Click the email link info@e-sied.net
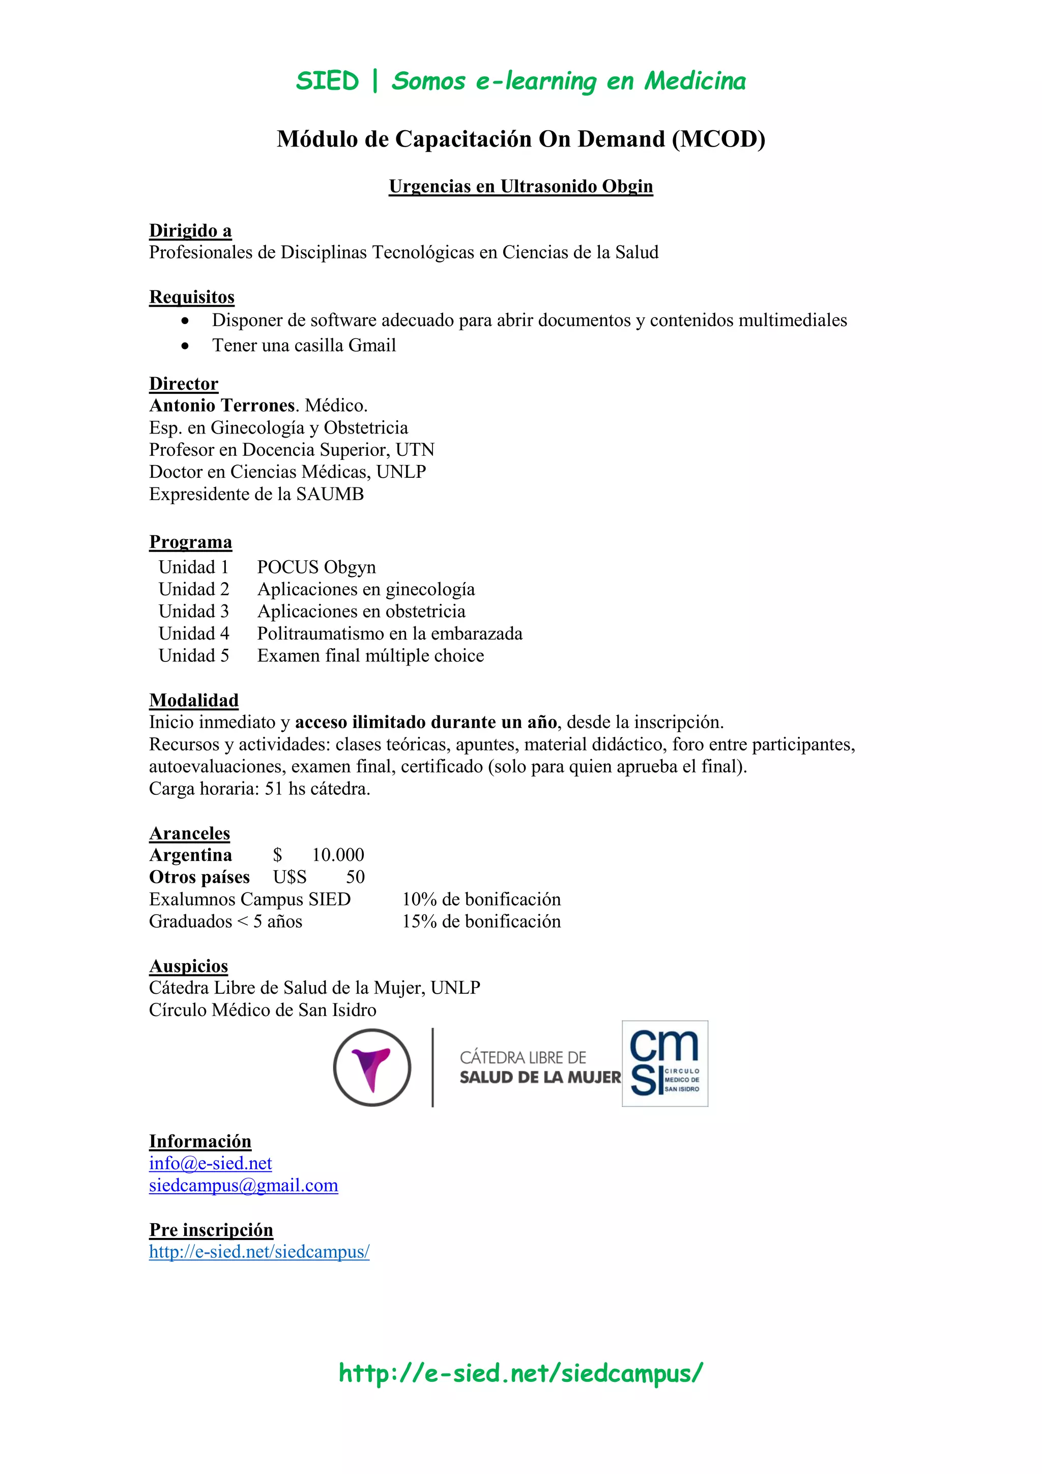[210, 1163]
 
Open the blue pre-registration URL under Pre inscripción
[259, 1251]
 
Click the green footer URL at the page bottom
[520, 1373]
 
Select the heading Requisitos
[191, 297]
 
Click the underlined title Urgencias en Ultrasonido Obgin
[520, 186]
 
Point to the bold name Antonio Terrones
[222, 405]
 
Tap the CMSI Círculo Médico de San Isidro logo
[664, 1063]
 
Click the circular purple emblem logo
[372, 1067]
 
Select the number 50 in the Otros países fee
[355, 877]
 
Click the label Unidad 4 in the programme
[193, 633]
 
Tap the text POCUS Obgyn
[316, 567]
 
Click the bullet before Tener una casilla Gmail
[185, 346]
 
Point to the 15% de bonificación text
[481, 921]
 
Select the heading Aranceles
[189, 833]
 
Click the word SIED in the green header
[327, 81]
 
